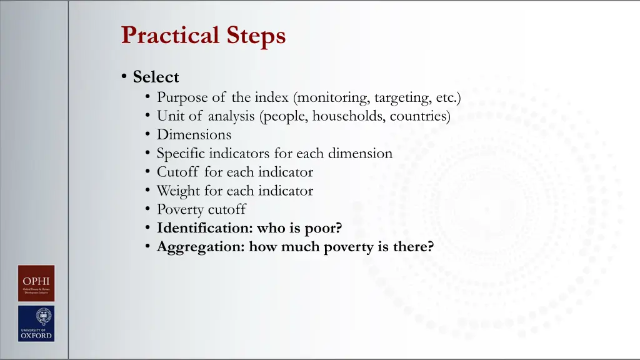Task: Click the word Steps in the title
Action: (x=257, y=35)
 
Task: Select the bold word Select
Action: (x=156, y=77)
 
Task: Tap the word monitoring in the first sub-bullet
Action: (x=332, y=97)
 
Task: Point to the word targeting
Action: (x=402, y=97)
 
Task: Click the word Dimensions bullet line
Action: (x=194, y=134)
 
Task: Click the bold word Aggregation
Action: (x=200, y=247)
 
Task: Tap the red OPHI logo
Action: (x=36, y=283)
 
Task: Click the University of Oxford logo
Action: (x=36, y=323)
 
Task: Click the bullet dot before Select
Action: (x=125, y=77)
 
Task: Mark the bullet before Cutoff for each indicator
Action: (x=147, y=172)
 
